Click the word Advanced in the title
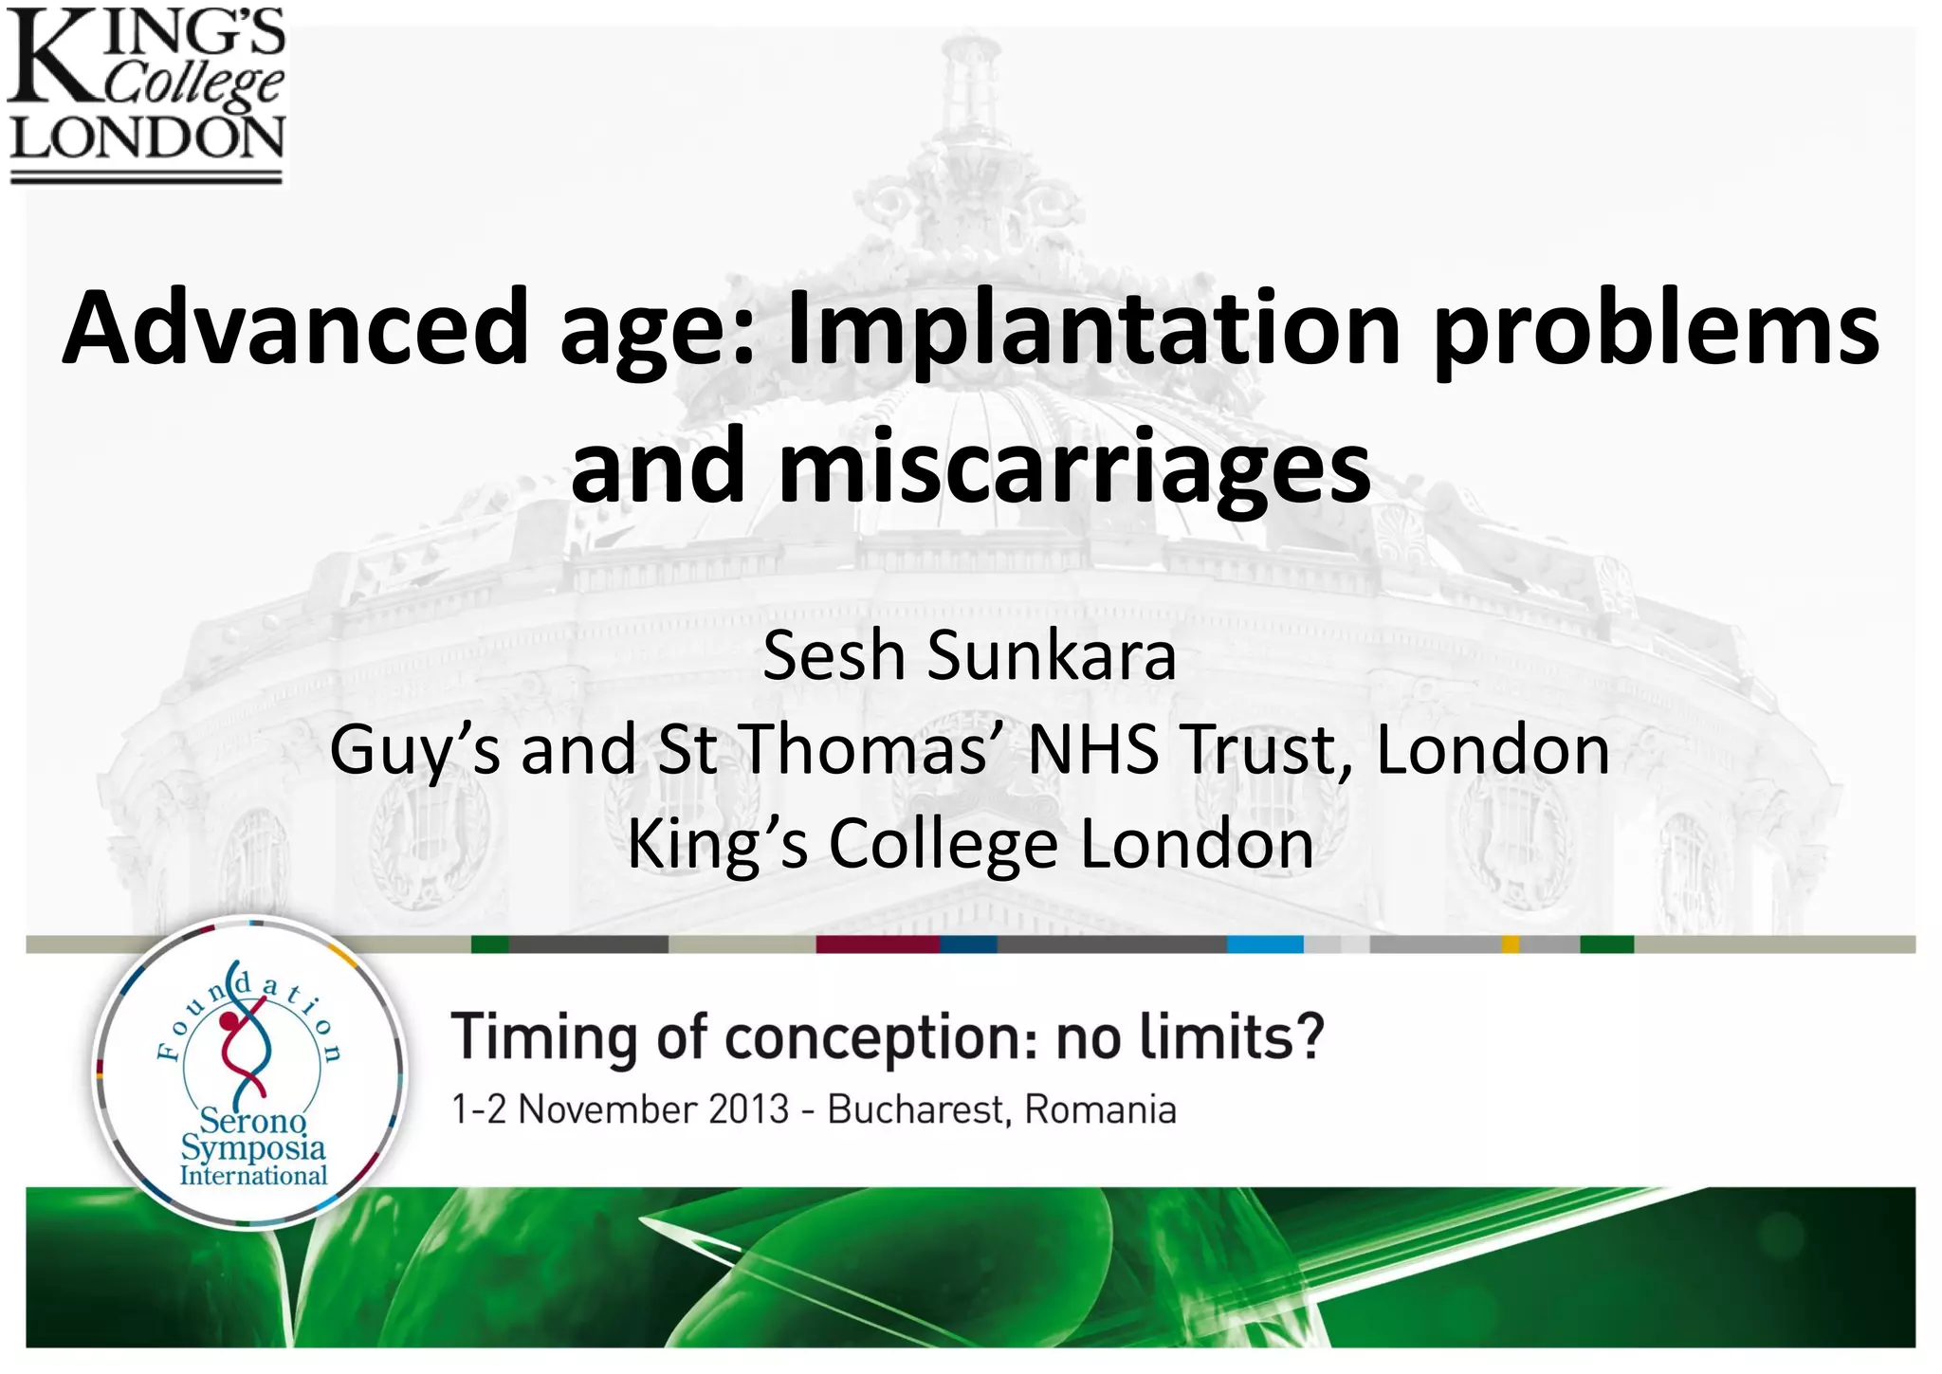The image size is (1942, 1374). [294, 328]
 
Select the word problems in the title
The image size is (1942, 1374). [1656, 328]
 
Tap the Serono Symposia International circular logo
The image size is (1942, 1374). [251, 1072]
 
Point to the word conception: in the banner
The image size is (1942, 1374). [882, 1039]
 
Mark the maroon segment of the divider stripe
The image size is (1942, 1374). [877, 944]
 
